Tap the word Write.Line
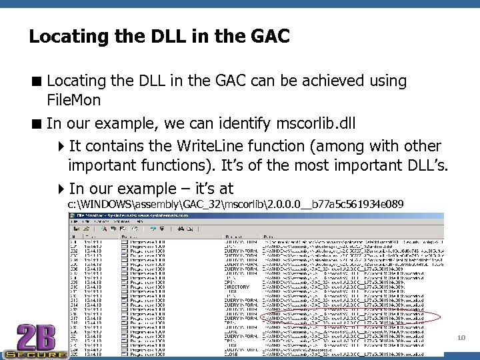click(x=203, y=145)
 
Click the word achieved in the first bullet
click(x=301, y=81)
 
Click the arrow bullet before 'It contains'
click(x=61, y=146)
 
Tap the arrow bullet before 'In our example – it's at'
click(x=61, y=189)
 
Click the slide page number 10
click(x=461, y=339)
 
